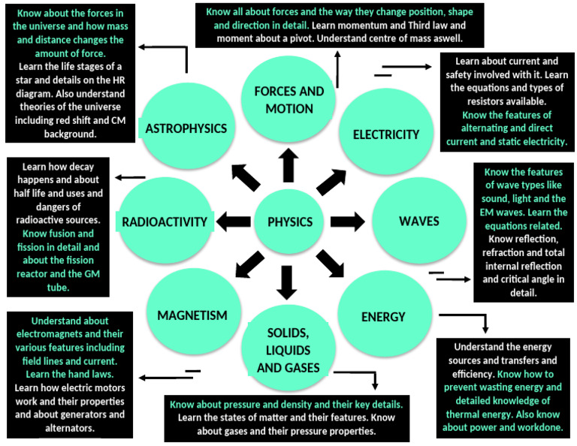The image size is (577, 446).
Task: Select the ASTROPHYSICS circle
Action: click(x=186, y=128)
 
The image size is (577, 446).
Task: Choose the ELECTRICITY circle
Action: click(x=386, y=134)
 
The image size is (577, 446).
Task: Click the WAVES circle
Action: click(x=418, y=221)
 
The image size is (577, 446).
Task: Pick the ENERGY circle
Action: click(x=383, y=316)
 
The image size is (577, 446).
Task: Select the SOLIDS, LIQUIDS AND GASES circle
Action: click(x=288, y=349)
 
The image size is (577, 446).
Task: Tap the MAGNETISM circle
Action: click(x=192, y=315)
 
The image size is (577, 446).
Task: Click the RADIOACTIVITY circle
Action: click(x=165, y=221)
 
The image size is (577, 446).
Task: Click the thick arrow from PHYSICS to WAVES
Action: click(x=346, y=221)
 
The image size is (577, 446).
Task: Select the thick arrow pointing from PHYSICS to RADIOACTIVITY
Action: click(x=232, y=221)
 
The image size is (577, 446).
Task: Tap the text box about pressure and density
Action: click(x=288, y=417)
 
